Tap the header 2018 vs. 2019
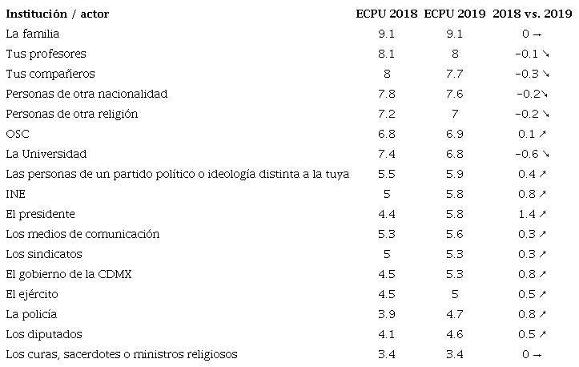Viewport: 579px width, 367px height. click(532, 14)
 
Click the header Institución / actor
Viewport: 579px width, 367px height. click(57, 14)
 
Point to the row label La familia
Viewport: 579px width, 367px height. click(32, 34)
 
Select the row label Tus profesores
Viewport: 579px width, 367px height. click(45, 54)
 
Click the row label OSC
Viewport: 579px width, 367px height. click(18, 134)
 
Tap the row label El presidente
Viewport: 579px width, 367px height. click(40, 214)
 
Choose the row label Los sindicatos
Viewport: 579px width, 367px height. click(43, 254)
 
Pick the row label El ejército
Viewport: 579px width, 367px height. click(31, 294)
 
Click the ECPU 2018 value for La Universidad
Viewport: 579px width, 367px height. click(385, 154)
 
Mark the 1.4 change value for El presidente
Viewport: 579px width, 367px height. click(527, 214)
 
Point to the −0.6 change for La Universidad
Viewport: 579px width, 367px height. click(527, 154)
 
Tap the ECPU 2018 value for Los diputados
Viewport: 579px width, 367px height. click(385, 334)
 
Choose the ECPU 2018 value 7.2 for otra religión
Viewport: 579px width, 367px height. click(385, 114)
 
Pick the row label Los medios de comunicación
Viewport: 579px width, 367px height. click(82, 234)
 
